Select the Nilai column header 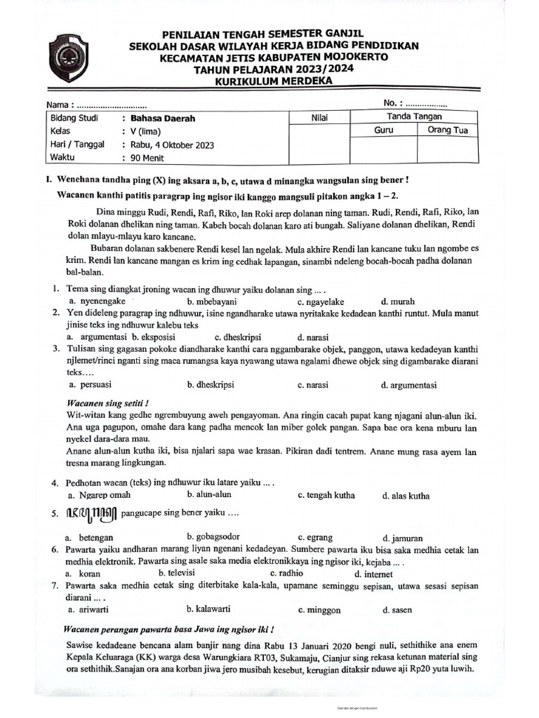coord(319,118)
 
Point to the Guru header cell coord(383,130)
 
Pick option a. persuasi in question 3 coord(90,385)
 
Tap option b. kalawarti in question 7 coord(208,609)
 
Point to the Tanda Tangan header coord(414,116)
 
